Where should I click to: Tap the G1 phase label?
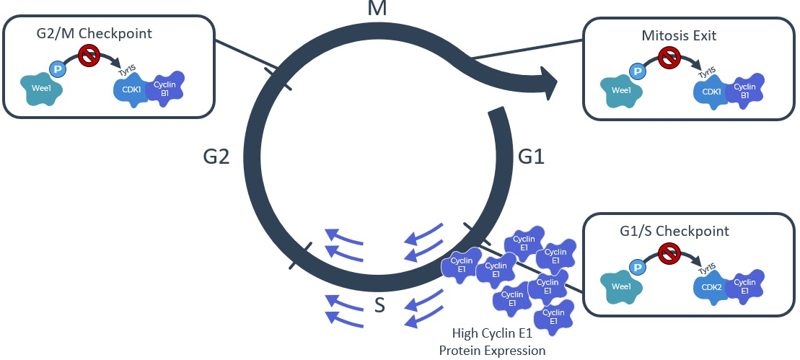pos(535,156)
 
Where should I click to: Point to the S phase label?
pos(379,306)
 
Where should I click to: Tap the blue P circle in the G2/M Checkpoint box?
pos(58,69)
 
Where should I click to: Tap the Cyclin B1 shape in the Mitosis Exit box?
pos(746,90)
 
